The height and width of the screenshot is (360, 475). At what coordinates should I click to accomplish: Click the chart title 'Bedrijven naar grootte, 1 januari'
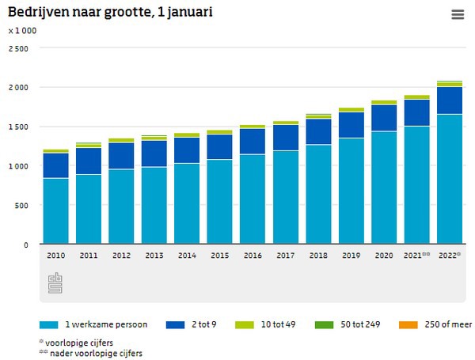pos(110,13)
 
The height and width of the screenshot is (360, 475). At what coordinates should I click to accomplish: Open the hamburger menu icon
pos(458,14)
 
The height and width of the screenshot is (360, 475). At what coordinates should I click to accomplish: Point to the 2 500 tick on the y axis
pos(18,48)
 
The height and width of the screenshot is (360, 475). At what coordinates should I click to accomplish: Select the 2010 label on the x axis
pos(56,256)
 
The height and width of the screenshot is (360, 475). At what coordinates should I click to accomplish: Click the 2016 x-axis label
pos(253,256)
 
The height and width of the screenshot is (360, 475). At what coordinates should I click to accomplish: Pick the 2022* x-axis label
pos(450,256)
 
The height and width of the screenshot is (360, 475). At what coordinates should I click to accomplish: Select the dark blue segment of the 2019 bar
pos(351,125)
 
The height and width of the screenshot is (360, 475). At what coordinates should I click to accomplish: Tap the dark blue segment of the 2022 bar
pos(450,100)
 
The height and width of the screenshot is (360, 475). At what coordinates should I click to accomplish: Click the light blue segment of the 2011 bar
pos(89,209)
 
